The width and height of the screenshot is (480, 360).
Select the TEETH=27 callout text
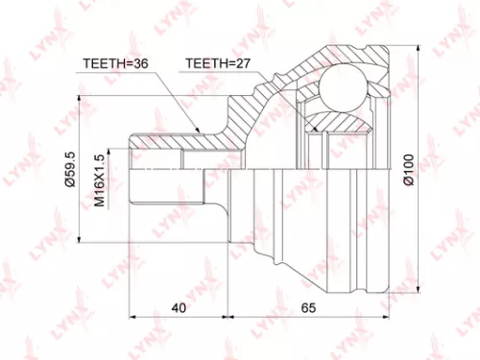coord(217,65)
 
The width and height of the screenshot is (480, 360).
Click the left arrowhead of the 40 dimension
coord(132,316)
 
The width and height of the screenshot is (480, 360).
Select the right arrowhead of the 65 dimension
coord(386,316)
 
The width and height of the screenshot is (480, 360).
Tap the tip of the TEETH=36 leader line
coord(197,129)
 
